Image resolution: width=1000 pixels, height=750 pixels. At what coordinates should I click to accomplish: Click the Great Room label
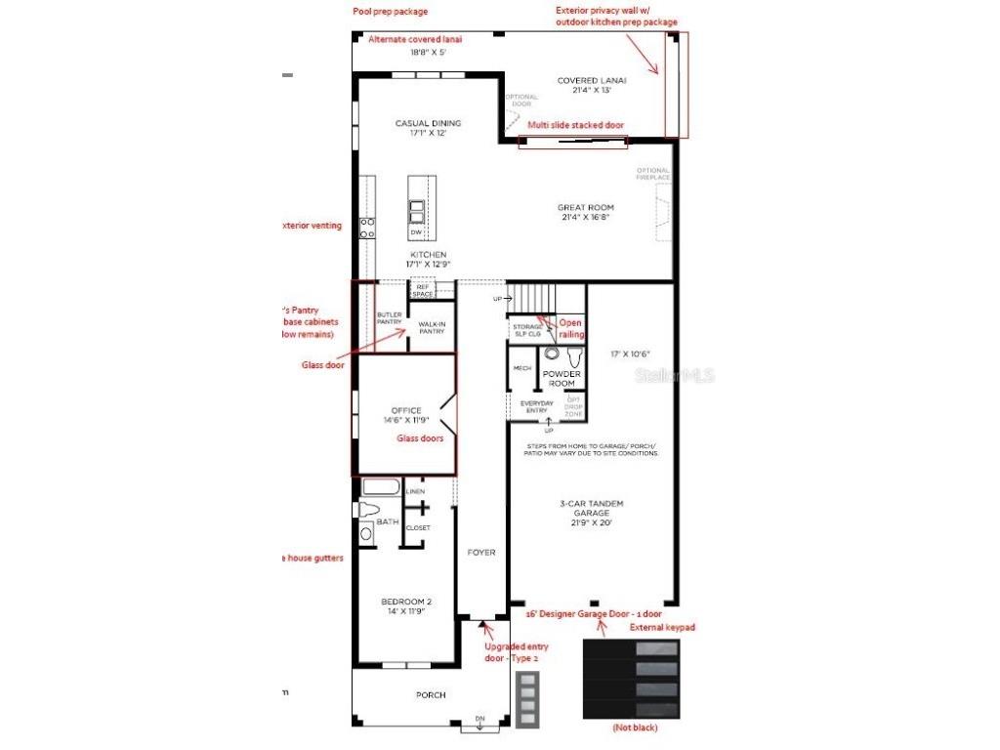tap(586, 213)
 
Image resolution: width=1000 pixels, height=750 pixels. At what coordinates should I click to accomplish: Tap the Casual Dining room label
tap(428, 128)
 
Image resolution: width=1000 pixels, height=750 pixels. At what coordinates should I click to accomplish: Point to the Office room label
tap(405, 415)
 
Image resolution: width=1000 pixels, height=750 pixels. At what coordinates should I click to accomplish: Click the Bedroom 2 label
tap(406, 606)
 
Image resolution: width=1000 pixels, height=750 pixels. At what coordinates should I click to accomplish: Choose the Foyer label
tap(481, 553)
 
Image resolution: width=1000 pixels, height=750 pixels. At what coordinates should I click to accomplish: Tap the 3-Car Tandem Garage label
tap(592, 514)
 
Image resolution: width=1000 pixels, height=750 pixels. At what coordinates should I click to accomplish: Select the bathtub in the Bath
tap(382, 487)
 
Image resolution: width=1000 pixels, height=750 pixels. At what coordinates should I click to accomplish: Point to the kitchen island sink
tap(417, 212)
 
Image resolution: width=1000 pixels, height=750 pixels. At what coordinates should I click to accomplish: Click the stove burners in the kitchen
tap(367, 229)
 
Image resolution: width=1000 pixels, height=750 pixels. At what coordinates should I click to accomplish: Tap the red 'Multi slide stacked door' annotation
tap(575, 125)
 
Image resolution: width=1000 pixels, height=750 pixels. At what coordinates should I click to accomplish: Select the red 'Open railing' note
tap(571, 328)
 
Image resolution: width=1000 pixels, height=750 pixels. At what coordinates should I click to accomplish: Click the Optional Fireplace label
tap(654, 174)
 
